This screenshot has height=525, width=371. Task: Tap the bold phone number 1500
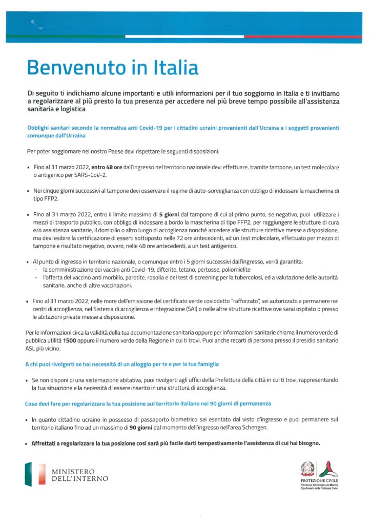coord(70,340)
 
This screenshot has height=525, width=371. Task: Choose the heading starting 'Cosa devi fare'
coord(148,404)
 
